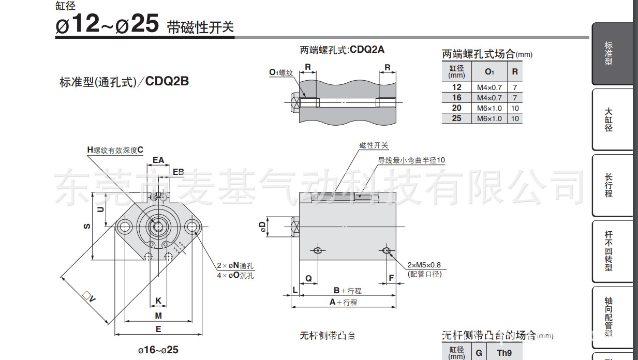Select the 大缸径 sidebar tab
pos(609,119)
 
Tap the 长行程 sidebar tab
pos(609,185)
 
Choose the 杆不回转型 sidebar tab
pos(609,251)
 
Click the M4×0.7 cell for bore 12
pos(489,87)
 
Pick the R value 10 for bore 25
pos(515,118)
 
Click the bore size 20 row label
pos(456,108)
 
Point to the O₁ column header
pos(489,71)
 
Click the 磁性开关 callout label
pos(374,146)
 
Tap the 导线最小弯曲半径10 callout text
pos(411,160)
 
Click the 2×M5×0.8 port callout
pos(424,265)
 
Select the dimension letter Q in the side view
pos(308,278)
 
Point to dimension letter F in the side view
pos(391,278)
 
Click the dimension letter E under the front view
pos(158,329)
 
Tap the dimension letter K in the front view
pos(158,301)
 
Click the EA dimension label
pos(158,160)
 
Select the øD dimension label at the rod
pos(263,226)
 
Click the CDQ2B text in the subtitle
pos(167,81)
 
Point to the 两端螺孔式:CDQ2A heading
pos(342,50)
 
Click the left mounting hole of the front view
pos(124,227)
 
